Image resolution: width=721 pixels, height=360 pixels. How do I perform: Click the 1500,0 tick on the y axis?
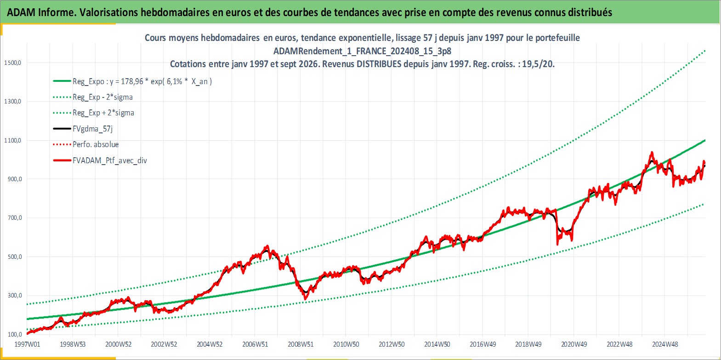pyautogui.click(x=12, y=63)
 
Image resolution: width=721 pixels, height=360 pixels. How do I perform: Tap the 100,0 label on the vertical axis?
pyautogui.click(x=15, y=335)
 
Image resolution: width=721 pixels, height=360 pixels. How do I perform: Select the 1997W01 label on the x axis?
pyautogui.click(x=28, y=344)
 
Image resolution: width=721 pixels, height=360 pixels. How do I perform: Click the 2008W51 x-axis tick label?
pyautogui.click(x=301, y=344)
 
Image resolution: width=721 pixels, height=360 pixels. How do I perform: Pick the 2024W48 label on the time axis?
pyautogui.click(x=665, y=344)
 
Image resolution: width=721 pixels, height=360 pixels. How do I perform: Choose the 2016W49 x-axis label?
pyautogui.click(x=483, y=344)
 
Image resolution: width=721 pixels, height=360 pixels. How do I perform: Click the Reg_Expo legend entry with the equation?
pyautogui.click(x=142, y=81)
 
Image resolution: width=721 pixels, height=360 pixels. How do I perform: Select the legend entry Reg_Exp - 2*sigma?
pyautogui.click(x=102, y=97)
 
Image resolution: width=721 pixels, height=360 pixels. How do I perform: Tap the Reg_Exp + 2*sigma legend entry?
pyautogui.click(x=103, y=113)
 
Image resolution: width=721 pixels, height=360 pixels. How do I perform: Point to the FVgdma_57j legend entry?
pyautogui.click(x=93, y=129)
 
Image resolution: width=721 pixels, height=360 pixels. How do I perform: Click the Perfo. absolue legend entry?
pyautogui.click(x=96, y=144)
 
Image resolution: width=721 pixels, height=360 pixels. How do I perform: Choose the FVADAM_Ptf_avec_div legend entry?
pyautogui.click(x=110, y=160)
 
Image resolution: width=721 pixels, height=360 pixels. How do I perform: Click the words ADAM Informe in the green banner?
pyautogui.click(x=41, y=12)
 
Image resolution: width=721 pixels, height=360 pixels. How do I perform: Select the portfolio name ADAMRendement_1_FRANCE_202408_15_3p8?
pyautogui.click(x=362, y=51)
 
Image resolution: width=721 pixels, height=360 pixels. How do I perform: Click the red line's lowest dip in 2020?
pyautogui.click(x=557, y=245)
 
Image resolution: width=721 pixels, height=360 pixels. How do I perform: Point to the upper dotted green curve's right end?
pyautogui.click(x=705, y=51)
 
